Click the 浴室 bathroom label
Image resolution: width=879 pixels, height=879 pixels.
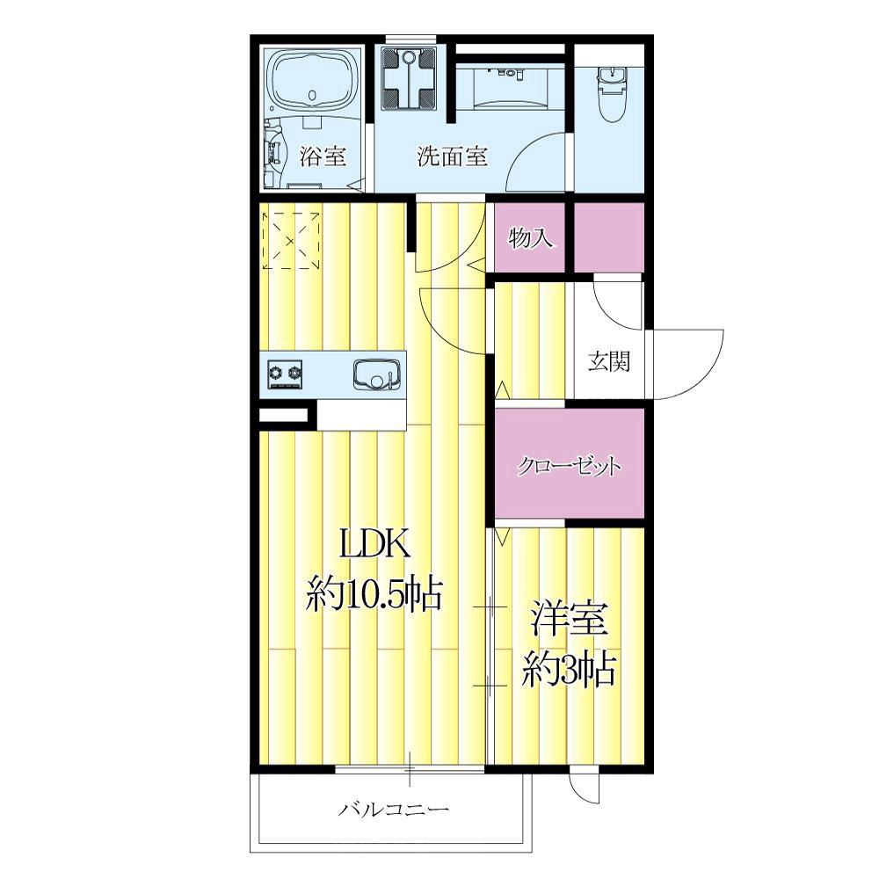[322, 156]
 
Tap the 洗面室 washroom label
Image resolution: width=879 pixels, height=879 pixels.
[452, 156]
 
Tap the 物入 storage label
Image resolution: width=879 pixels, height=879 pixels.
[530, 237]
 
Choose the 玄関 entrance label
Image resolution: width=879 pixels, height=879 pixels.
[609, 362]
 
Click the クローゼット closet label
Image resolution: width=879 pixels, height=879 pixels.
[569, 467]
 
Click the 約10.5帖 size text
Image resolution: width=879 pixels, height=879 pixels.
[374, 594]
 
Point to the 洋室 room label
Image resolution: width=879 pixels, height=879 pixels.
[570, 618]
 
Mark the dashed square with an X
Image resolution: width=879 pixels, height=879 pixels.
[292, 240]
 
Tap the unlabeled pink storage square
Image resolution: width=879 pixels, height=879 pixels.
[609, 236]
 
